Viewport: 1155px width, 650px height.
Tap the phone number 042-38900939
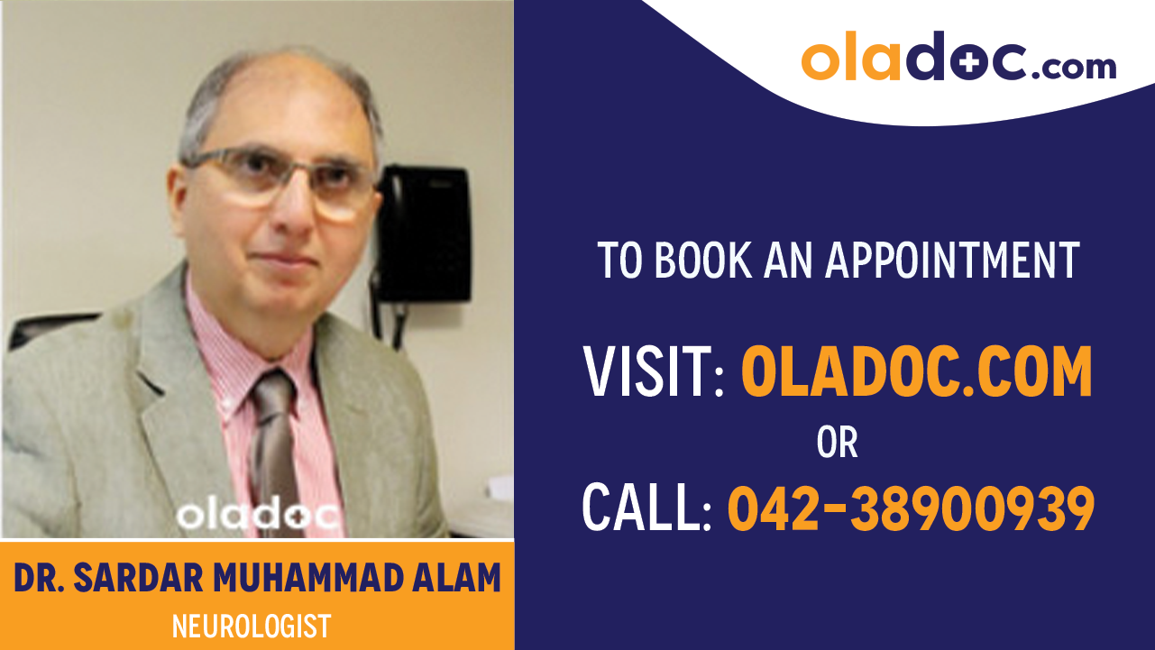tap(911, 508)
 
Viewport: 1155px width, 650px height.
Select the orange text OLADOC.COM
tap(916, 373)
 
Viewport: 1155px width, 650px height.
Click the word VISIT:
tap(655, 373)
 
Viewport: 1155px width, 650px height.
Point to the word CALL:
tap(647, 508)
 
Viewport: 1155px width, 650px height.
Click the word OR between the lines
tap(837, 443)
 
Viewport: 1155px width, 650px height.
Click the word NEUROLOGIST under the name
tap(252, 626)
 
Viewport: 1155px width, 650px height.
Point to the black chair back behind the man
tap(50, 328)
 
